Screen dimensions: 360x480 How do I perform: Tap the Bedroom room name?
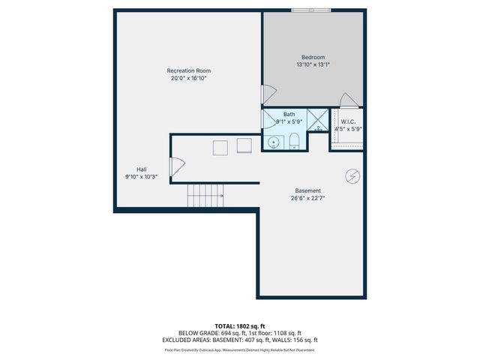tap(313, 57)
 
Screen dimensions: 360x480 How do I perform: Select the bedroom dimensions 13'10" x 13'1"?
tap(313, 64)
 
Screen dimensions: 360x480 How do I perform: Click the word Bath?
tap(289, 114)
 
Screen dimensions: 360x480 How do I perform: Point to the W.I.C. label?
tap(348, 121)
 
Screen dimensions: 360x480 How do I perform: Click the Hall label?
tap(141, 169)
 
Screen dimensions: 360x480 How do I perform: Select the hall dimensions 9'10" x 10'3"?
tap(141, 176)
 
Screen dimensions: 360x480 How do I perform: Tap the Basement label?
tap(309, 190)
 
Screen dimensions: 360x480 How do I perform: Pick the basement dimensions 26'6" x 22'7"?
tap(309, 198)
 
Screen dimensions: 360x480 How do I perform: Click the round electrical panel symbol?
tap(352, 176)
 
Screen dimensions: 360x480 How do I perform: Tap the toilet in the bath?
tap(294, 141)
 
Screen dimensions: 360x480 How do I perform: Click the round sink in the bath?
tap(274, 141)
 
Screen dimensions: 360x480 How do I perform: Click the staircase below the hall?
tap(205, 196)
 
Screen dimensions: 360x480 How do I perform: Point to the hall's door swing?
tap(178, 168)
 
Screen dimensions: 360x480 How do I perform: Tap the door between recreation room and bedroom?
tap(268, 94)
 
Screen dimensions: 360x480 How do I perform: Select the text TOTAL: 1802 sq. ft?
tap(239, 326)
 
